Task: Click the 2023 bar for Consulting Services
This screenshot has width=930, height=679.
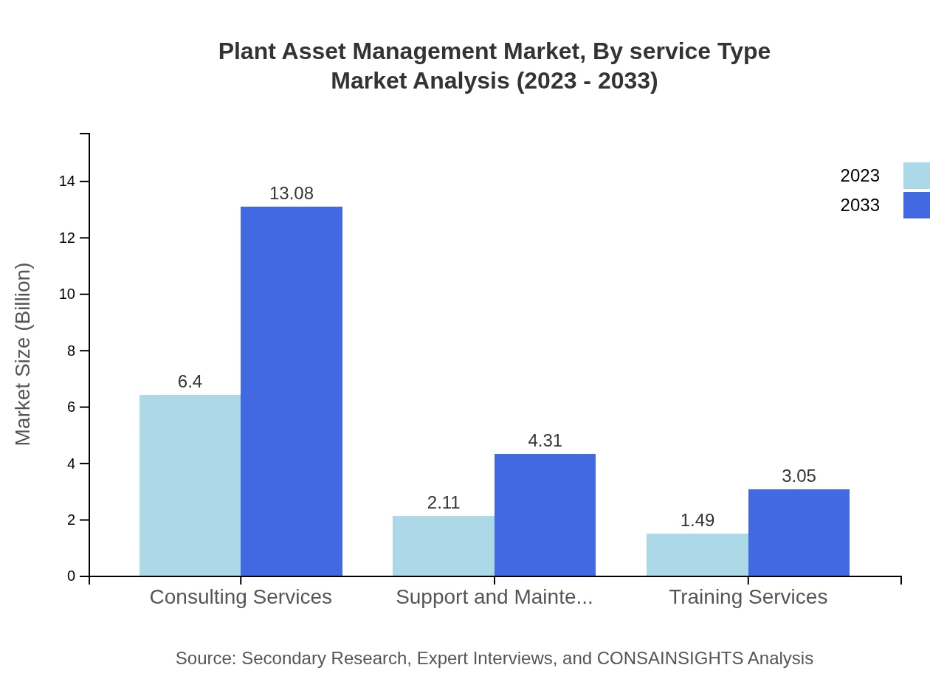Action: (x=190, y=485)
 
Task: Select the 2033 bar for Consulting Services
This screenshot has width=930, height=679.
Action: (x=292, y=391)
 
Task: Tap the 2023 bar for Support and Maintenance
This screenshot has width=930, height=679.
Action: (x=443, y=545)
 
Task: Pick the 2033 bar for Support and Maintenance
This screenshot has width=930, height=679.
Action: (x=545, y=514)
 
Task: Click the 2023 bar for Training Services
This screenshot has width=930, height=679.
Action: (x=697, y=554)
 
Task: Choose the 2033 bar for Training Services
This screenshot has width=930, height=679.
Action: (x=799, y=532)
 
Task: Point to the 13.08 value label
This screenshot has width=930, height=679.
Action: (x=292, y=193)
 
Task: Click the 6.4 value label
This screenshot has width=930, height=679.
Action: (x=190, y=382)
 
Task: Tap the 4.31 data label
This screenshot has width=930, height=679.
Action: (x=545, y=441)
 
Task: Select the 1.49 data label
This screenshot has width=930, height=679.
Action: (x=697, y=520)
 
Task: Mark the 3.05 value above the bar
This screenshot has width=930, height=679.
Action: (x=799, y=476)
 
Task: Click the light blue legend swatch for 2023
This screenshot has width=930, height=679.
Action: (x=916, y=176)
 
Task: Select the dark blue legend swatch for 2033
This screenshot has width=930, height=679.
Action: (x=916, y=205)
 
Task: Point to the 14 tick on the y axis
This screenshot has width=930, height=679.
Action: (x=66, y=182)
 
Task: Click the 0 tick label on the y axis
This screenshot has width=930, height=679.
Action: (x=71, y=576)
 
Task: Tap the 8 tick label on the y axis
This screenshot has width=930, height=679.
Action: (x=71, y=351)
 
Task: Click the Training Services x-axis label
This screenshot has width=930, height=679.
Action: (x=748, y=596)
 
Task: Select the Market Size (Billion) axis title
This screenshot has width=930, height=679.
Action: (x=23, y=354)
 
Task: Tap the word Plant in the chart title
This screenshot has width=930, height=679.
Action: (x=246, y=52)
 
